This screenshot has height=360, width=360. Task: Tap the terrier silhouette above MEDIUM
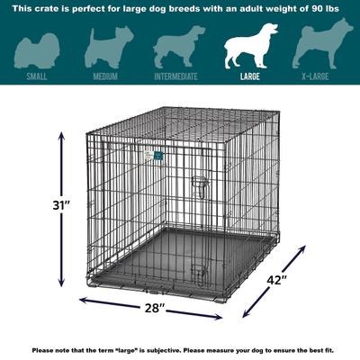[105, 47]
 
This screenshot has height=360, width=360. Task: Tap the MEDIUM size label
[105, 77]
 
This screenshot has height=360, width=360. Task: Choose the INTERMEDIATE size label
[178, 77]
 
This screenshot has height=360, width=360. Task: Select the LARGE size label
[249, 77]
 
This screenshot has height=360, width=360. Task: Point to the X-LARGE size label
[320, 77]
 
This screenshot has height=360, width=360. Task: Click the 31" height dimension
[37, 205]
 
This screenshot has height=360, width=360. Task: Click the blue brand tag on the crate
[154, 154]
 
